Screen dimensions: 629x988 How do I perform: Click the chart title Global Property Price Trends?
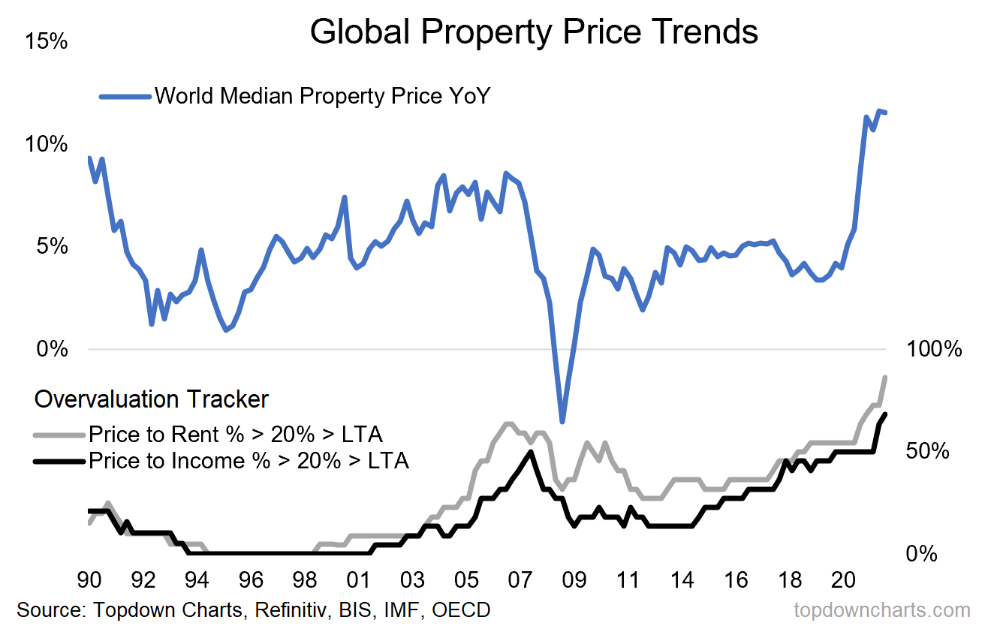pos(534,32)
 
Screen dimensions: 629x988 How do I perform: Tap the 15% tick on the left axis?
pos(46,41)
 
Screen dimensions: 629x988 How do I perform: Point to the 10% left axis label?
pos(46,143)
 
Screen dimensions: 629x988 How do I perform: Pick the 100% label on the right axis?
pos(933,349)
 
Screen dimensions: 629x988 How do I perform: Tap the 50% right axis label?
pos(928,452)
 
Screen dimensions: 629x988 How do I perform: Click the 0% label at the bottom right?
pos(923,555)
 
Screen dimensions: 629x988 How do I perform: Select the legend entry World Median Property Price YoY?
pos(321,96)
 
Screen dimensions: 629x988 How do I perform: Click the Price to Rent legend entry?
pos(235,434)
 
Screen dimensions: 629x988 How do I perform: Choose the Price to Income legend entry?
pos(248,460)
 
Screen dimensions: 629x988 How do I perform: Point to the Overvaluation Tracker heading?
pos(151,399)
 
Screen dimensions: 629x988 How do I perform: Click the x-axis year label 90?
pos(89,580)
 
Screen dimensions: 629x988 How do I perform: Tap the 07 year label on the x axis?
pos(520,580)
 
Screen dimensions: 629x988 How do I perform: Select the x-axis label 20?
pos(843,580)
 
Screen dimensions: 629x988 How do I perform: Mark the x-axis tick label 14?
pos(682,580)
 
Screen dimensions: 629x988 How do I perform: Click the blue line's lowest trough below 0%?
pos(562,422)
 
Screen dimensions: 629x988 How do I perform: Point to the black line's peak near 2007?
pos(531,452)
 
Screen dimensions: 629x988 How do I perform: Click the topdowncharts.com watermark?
pos(882,609)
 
